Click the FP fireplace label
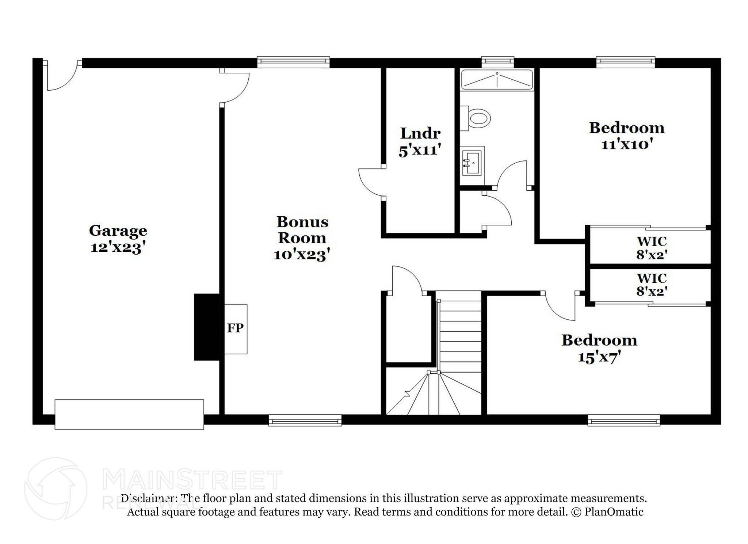pyautogui.click(x=235, y=328)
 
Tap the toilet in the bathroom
pyautogui.click(x=475, y=118)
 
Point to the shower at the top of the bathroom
pyautogui.click(x=497, y=80)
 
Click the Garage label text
pyautogui.click(x=118, y=231)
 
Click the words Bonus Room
pyautogui.click(x=302, y=230)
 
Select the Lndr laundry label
pyautogui.click(x=420, y=133)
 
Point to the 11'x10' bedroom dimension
pyautogui.click(x=627, y=145)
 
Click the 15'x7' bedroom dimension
pyautogui.click(x=599, y=357)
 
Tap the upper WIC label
pyautogui.click(x=652, y=241)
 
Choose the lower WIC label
pyautogui.click(x=652, y=278)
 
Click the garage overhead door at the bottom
pyautogui.click(x=129, y=414)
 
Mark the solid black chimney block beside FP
pyautogui.click(x=207, y=327)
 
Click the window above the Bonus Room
pyautogui.click(x=294, y=62)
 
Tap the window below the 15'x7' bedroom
pyautogui.click(x=624, y=421)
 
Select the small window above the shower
pyautogui.click(x=498, y=62)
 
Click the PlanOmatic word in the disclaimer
pyautogui.click(x=614, y=512)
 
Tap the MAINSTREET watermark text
pyautogui.click(x=192, y=480)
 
